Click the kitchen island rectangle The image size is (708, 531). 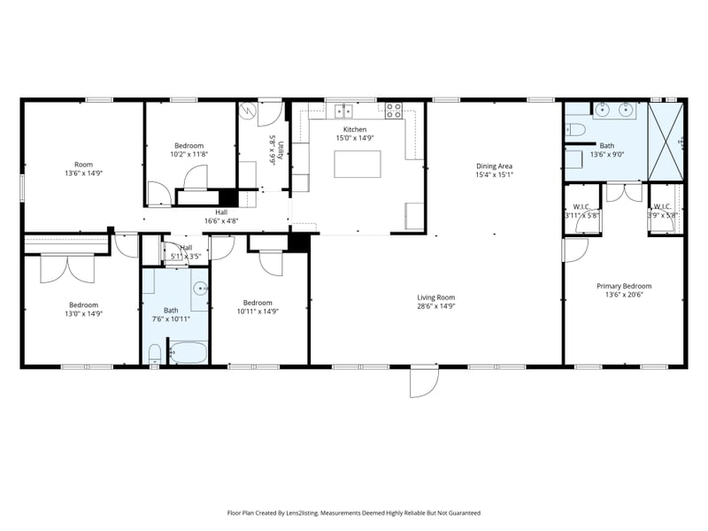(358, 164)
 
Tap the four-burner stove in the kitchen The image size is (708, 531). (394, 111)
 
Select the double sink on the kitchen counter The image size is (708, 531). (342, 111)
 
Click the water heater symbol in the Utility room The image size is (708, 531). (250, 112)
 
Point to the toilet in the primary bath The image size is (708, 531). (575, 131)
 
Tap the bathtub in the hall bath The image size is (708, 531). (187, 354)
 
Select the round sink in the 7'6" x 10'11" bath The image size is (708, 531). (201, 289)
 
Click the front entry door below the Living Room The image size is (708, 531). (424, 381)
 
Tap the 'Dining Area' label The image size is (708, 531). (494, 165)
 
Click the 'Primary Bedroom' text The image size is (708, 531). (623, 286)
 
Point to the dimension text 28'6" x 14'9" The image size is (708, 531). (435, 306)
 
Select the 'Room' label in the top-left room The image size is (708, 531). (83, 164)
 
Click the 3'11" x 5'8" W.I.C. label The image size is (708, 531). (582, 211)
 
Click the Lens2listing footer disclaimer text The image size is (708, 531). (353, 512)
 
